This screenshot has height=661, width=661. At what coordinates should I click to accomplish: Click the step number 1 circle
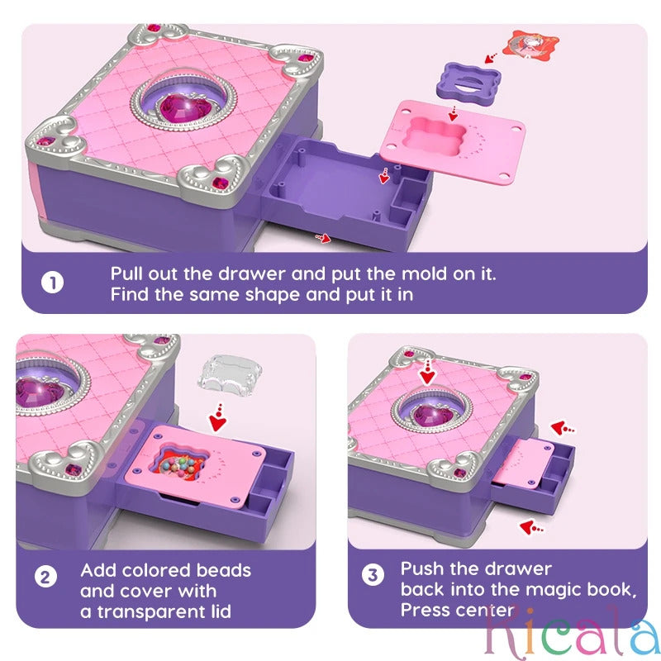click(52, 283)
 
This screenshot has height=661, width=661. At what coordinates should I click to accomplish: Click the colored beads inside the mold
click(178, 458)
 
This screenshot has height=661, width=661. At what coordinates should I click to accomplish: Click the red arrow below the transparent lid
click(218, 417)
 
